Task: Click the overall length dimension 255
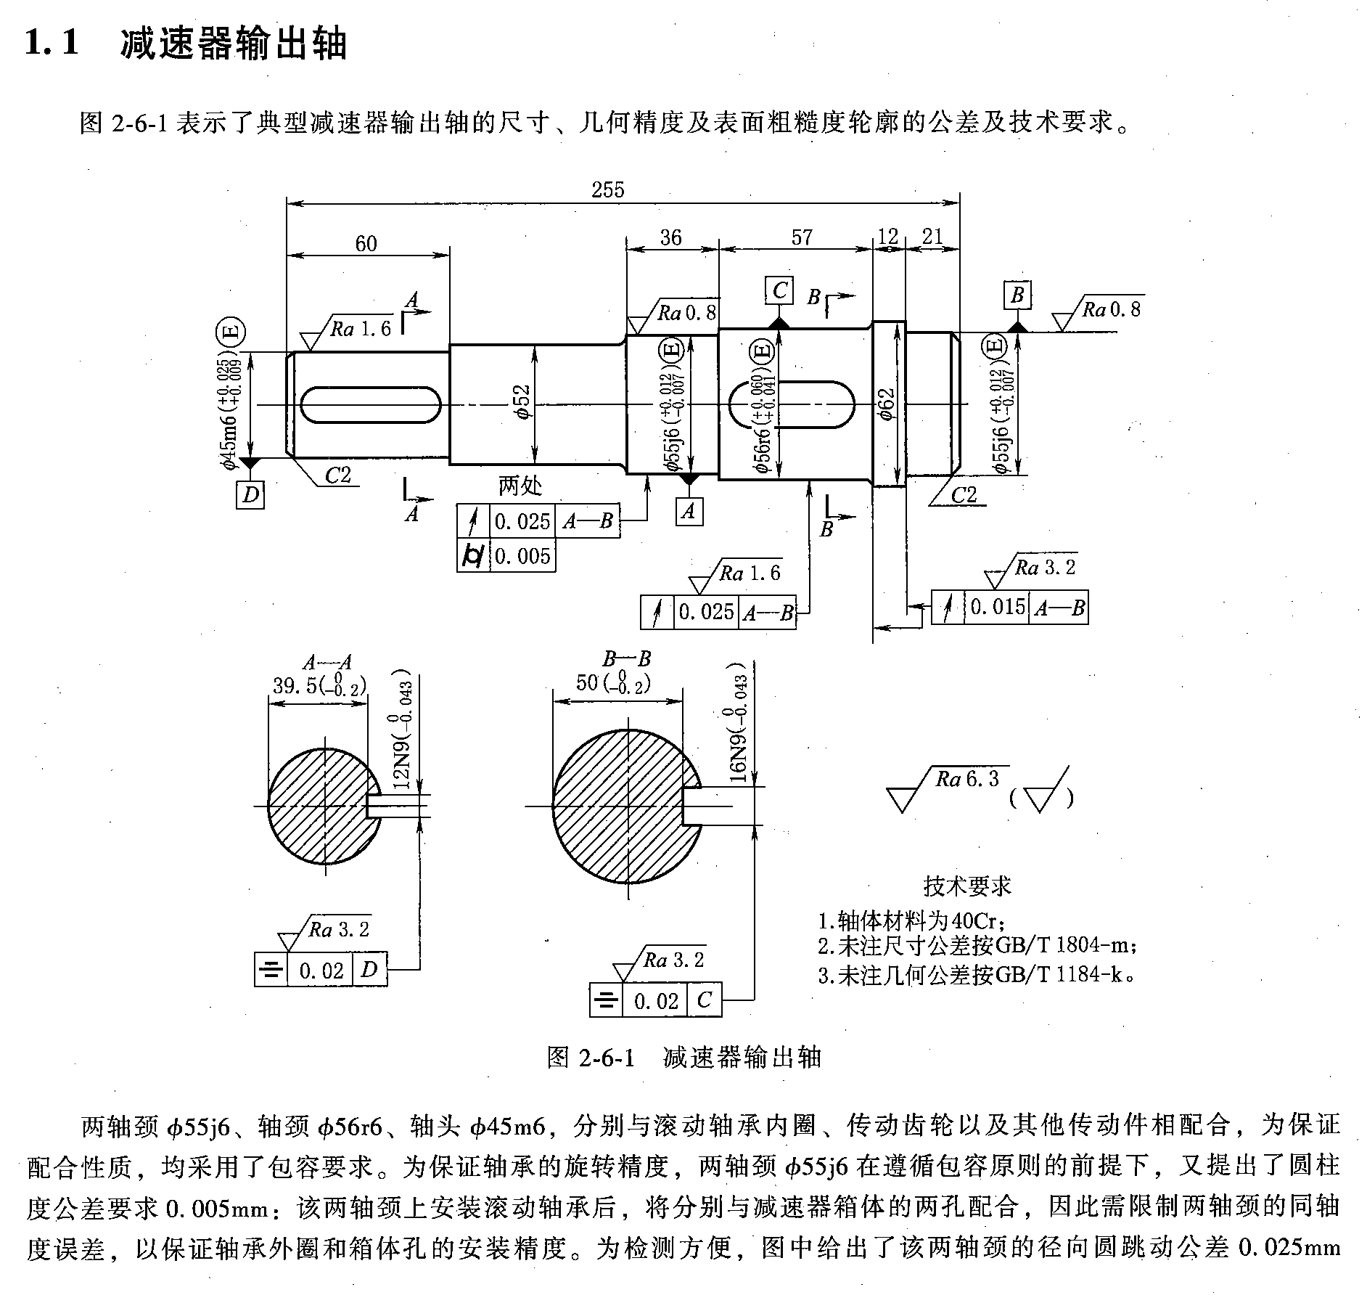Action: pos(607,190)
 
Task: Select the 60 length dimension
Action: pos(366,243)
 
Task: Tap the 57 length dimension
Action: pos(801,237)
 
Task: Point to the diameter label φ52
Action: pos(522,401)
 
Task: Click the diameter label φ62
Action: pos(886,404)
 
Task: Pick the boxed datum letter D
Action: pos(250,495)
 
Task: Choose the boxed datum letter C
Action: pos(779,290)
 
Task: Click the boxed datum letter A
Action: pos(689,511)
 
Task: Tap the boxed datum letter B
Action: pos(1017,295)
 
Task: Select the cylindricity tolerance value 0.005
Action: pos(522,557)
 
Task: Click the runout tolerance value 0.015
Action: pos(998,607)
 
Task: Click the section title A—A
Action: pos(327,663)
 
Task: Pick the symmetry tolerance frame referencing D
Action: pos(321,970)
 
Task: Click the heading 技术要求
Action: pos(967,886)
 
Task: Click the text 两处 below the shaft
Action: pos(520,486)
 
